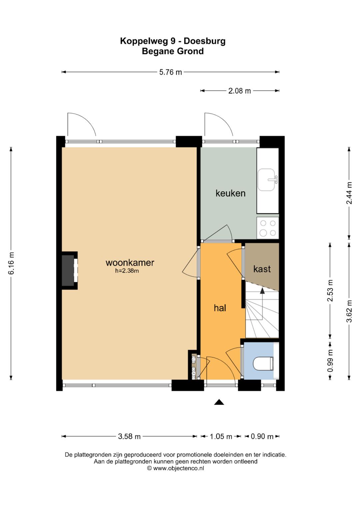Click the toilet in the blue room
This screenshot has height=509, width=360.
(x=263, y=363)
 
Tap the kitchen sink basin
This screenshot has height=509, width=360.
(x=266, y=180)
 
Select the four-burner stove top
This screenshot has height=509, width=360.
(x=268, y=228)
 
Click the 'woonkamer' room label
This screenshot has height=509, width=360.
(x=130, y=263)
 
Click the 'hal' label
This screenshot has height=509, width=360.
(x=220, y=308)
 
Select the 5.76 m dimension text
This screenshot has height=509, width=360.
(x=170, y=72)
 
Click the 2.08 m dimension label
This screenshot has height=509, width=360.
(x=240, y=91)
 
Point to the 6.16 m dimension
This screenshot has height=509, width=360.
(x=11, y=263)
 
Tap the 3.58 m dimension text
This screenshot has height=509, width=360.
(x=129, y=436)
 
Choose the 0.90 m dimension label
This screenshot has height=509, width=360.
(x=262, y=436)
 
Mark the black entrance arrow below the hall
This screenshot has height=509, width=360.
(x=219, y=402)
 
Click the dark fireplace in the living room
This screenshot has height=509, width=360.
(x=68, y=270)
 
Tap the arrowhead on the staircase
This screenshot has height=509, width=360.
(x=262, y=291)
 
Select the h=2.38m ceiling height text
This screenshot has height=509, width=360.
(x=127, y=271)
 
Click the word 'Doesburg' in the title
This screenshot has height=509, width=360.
(x=205, y=41)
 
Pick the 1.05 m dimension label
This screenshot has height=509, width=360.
(x=221, y=436)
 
